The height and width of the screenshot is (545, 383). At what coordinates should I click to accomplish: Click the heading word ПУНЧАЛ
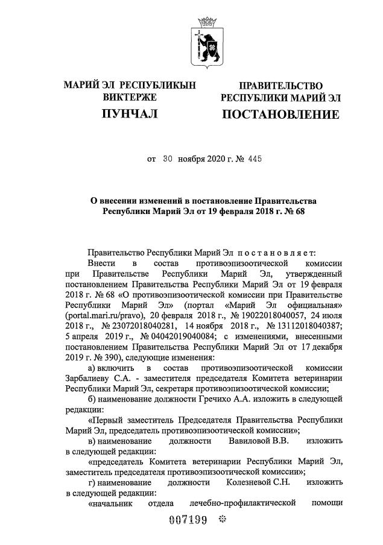130,114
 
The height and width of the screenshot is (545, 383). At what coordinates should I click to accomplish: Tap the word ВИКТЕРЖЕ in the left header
130,97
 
